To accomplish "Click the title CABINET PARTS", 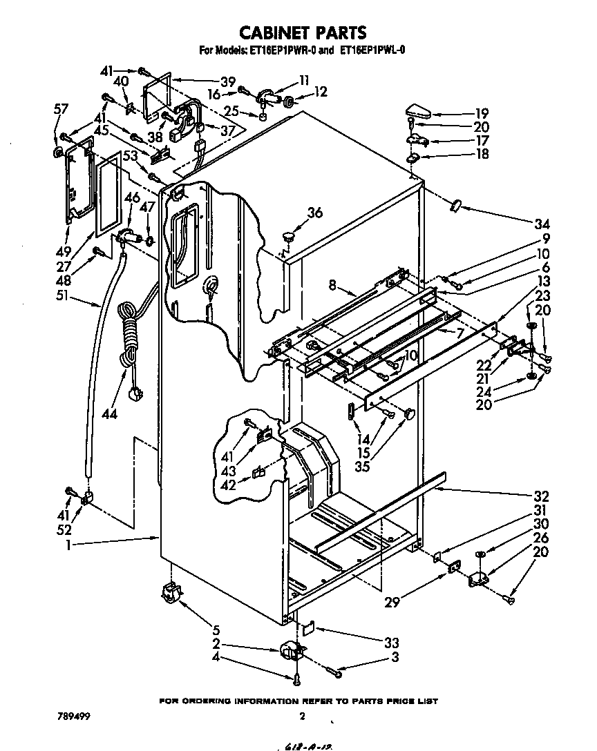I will pos(302,32).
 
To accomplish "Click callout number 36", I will pos(314,213).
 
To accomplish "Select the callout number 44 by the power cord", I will pos(108,414).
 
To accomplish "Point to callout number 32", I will pos(540,496).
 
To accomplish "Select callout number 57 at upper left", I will pos(61,108).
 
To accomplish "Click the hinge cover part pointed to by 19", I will pos(419,111).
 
